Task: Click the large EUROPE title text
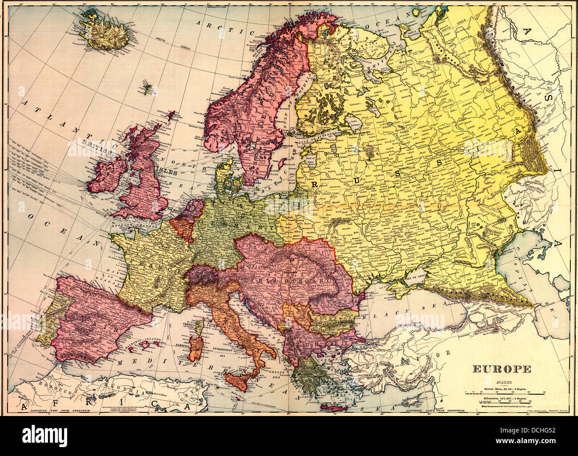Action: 501,369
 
